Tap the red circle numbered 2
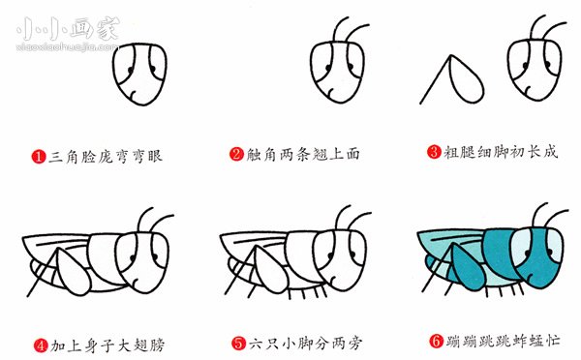click(x=236, y=154)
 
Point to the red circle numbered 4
click(x=39, y=343)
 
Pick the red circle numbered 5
click(x=237, y=343)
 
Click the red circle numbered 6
click(x=435, y=343)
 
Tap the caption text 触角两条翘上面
click(x=293, y=154)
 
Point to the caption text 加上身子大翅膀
click(x=96, y=343)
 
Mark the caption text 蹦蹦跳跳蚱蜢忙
click(x=492, y=343)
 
